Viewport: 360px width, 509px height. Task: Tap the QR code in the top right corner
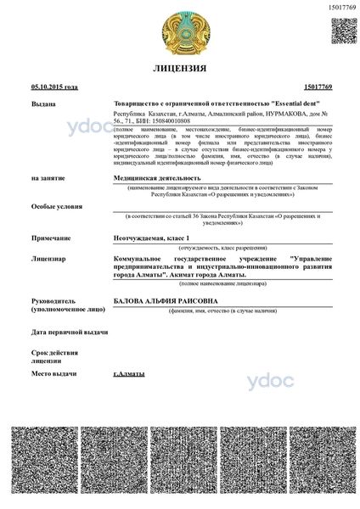(342, 31)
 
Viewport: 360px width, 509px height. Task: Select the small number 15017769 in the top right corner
(340, 7)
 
